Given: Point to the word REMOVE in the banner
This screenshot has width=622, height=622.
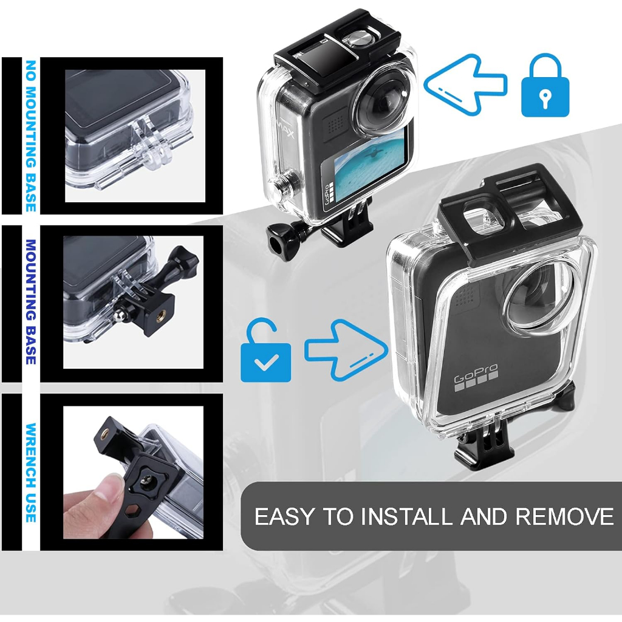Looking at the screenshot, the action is coord(564,516).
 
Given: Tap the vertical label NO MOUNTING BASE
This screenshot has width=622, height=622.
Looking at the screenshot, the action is coord(31,135).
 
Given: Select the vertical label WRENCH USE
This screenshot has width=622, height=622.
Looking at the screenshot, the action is coord(31,473).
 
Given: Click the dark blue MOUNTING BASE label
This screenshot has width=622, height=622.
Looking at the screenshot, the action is coord(31,302).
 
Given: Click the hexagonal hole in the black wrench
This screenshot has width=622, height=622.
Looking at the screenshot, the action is coord(131,514).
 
